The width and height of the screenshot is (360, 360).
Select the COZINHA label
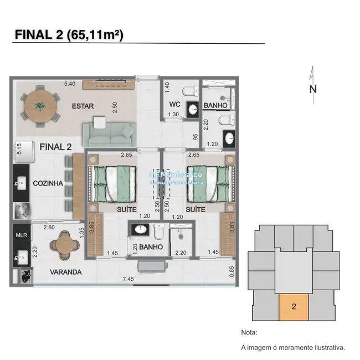coord(47,183)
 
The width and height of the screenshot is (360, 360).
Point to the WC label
coord(175,105)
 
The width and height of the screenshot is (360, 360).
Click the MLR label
coord(20,234)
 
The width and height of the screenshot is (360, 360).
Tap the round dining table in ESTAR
coord(40,105)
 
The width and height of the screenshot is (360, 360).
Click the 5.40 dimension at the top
coord(69,84)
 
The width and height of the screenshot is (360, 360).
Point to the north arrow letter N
coord(313,89)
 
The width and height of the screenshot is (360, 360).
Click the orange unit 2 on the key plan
coord(294,306)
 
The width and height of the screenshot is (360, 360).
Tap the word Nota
coord(250,333)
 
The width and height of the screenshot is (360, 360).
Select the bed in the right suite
coord(208,182)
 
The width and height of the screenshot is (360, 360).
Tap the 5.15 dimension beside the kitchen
coord(19,149)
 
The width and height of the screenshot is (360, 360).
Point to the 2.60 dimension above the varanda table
coord(49,227)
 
